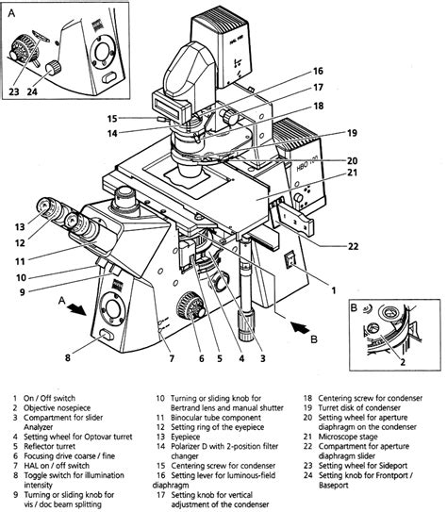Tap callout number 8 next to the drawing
pos(68,356)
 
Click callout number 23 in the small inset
pos(14,91)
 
